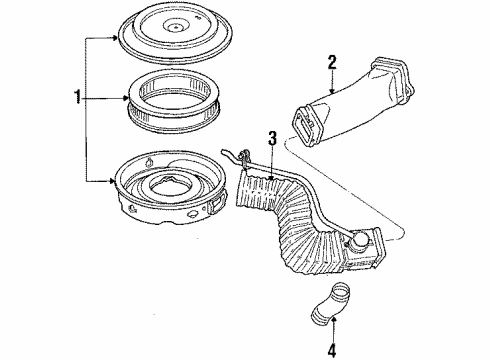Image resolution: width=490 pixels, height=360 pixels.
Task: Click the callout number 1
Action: point(77,97)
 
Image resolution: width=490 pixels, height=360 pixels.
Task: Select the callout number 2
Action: point(332,63)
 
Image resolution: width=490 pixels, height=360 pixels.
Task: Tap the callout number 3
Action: point(273,138)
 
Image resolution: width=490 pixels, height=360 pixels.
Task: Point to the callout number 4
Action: point(331,350)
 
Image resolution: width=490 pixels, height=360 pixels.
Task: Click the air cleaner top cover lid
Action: point(175,33)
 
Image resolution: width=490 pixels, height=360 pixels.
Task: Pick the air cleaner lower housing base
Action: point(170,191)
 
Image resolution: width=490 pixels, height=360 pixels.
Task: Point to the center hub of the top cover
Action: point(174,26)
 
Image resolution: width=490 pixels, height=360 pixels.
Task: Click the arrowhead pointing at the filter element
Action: point(126,98)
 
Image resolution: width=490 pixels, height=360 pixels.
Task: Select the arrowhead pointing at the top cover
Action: point(115,38)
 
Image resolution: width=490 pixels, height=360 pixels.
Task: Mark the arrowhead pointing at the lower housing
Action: point(112,181)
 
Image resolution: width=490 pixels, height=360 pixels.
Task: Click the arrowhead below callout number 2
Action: point(331,91)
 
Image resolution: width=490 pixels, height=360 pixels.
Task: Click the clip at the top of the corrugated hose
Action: point(244,156)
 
